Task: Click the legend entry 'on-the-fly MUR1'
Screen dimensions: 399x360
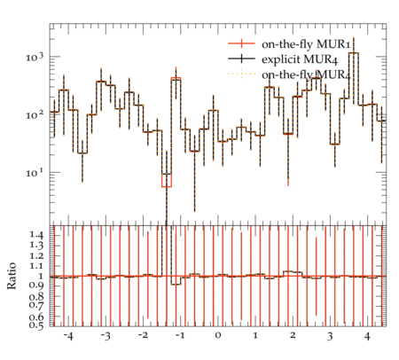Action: click(306, 44)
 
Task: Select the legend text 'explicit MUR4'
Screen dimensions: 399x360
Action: click(300, 59)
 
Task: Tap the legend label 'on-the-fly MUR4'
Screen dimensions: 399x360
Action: click(306, 74)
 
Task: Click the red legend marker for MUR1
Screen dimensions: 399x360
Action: click(241, 43)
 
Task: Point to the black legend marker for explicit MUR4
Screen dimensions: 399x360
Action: click(241, 59)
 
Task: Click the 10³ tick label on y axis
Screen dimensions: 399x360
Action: click(35, 57)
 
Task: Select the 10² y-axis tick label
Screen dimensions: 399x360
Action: click(35, 114)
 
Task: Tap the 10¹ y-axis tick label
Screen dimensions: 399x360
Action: click(35, 172)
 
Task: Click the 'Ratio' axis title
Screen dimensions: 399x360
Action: click(12, 276)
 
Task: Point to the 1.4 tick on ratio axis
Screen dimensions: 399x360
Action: click(36, 235)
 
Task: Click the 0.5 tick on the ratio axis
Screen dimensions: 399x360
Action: click(36, 325)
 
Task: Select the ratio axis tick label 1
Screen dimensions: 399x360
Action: click(41, 276)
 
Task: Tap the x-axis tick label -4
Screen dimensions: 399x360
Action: click(68, 336)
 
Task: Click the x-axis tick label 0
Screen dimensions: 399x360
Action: click(218, 336)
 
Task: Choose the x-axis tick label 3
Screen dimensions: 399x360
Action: click(330, 336)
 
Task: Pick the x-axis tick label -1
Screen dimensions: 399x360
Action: click(180, 336)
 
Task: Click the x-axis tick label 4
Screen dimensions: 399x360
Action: click(367, 336)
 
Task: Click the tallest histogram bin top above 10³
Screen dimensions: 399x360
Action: click(354, 52)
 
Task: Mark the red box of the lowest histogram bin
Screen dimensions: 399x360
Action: click(167, 181)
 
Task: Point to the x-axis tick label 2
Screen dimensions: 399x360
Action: click(293, 336)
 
